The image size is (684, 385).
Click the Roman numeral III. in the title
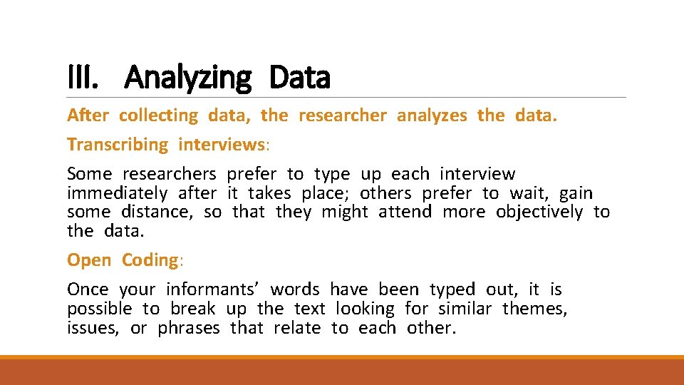click(x=83, y=78)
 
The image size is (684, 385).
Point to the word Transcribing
click(x=118, y=145)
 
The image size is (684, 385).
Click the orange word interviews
click(x=222, y=145)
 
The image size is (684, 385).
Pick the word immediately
click(x=117, y=193)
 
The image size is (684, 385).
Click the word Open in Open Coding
click(x=89, y=260)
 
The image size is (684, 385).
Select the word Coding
click(x=149, y=260)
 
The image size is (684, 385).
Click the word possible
click(x=100, y=309)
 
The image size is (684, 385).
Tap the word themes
click(x=534, y=309)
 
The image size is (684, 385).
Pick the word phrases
click(x=189, y=328)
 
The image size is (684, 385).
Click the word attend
click(x=405, y=212)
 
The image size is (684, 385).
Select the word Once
click(x=88, y=289)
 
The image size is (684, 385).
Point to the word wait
click(x=529, y=193)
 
